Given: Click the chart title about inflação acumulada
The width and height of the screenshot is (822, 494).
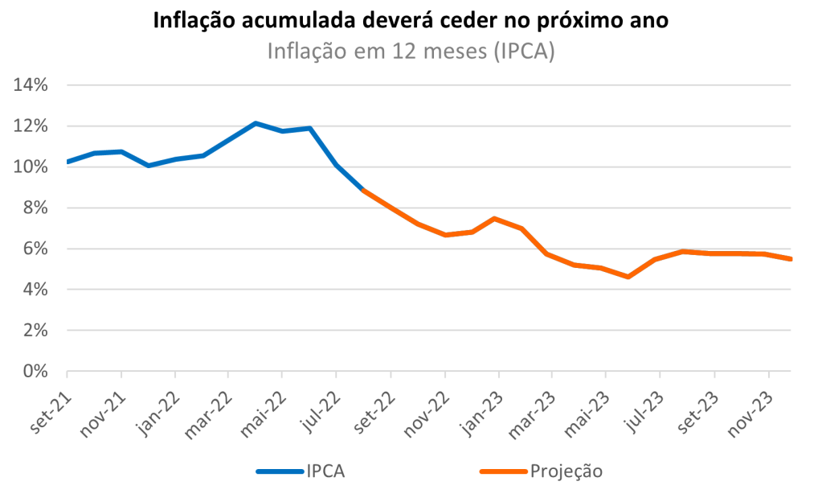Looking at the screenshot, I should tap(411, 21).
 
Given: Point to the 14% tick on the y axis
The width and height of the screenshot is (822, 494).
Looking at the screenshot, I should tap(31, 85).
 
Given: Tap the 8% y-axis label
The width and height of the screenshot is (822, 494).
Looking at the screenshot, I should tap(35, 208).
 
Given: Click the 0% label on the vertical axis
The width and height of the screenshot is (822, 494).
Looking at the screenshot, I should tap(35, 372).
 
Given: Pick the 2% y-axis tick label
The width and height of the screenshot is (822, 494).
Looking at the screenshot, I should tap(35, 331).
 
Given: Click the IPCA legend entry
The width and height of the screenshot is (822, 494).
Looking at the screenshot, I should tap(301, 471).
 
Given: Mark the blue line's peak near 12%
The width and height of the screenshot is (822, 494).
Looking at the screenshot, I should tap(255, 123).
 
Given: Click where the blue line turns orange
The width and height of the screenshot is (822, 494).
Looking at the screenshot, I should tap(363, 190).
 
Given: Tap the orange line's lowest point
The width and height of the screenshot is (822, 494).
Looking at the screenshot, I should tap(628, 277).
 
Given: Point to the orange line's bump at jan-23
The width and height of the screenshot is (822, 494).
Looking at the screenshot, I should tap(494, 219).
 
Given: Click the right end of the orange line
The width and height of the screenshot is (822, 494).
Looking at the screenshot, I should tap(791, 259).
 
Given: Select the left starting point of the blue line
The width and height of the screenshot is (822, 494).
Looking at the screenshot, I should tap(67, 162).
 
